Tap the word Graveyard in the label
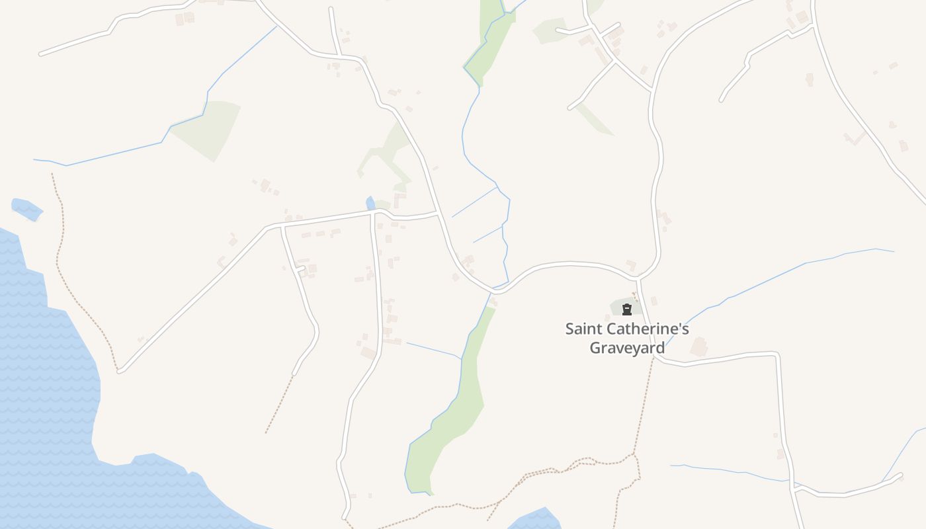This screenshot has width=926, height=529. pos(627,348)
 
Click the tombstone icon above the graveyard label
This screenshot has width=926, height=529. pos(626,308)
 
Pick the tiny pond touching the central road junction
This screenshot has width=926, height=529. pos(370,203)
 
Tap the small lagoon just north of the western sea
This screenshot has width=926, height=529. pos(26,209)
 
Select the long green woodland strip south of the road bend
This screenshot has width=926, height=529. pos(456,410)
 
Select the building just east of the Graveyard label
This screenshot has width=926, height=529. pos(698,346)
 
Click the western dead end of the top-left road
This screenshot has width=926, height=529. pos(42,53)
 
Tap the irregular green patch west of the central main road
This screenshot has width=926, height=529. pos(387,155)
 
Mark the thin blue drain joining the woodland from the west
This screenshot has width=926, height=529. pos(433,350)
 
